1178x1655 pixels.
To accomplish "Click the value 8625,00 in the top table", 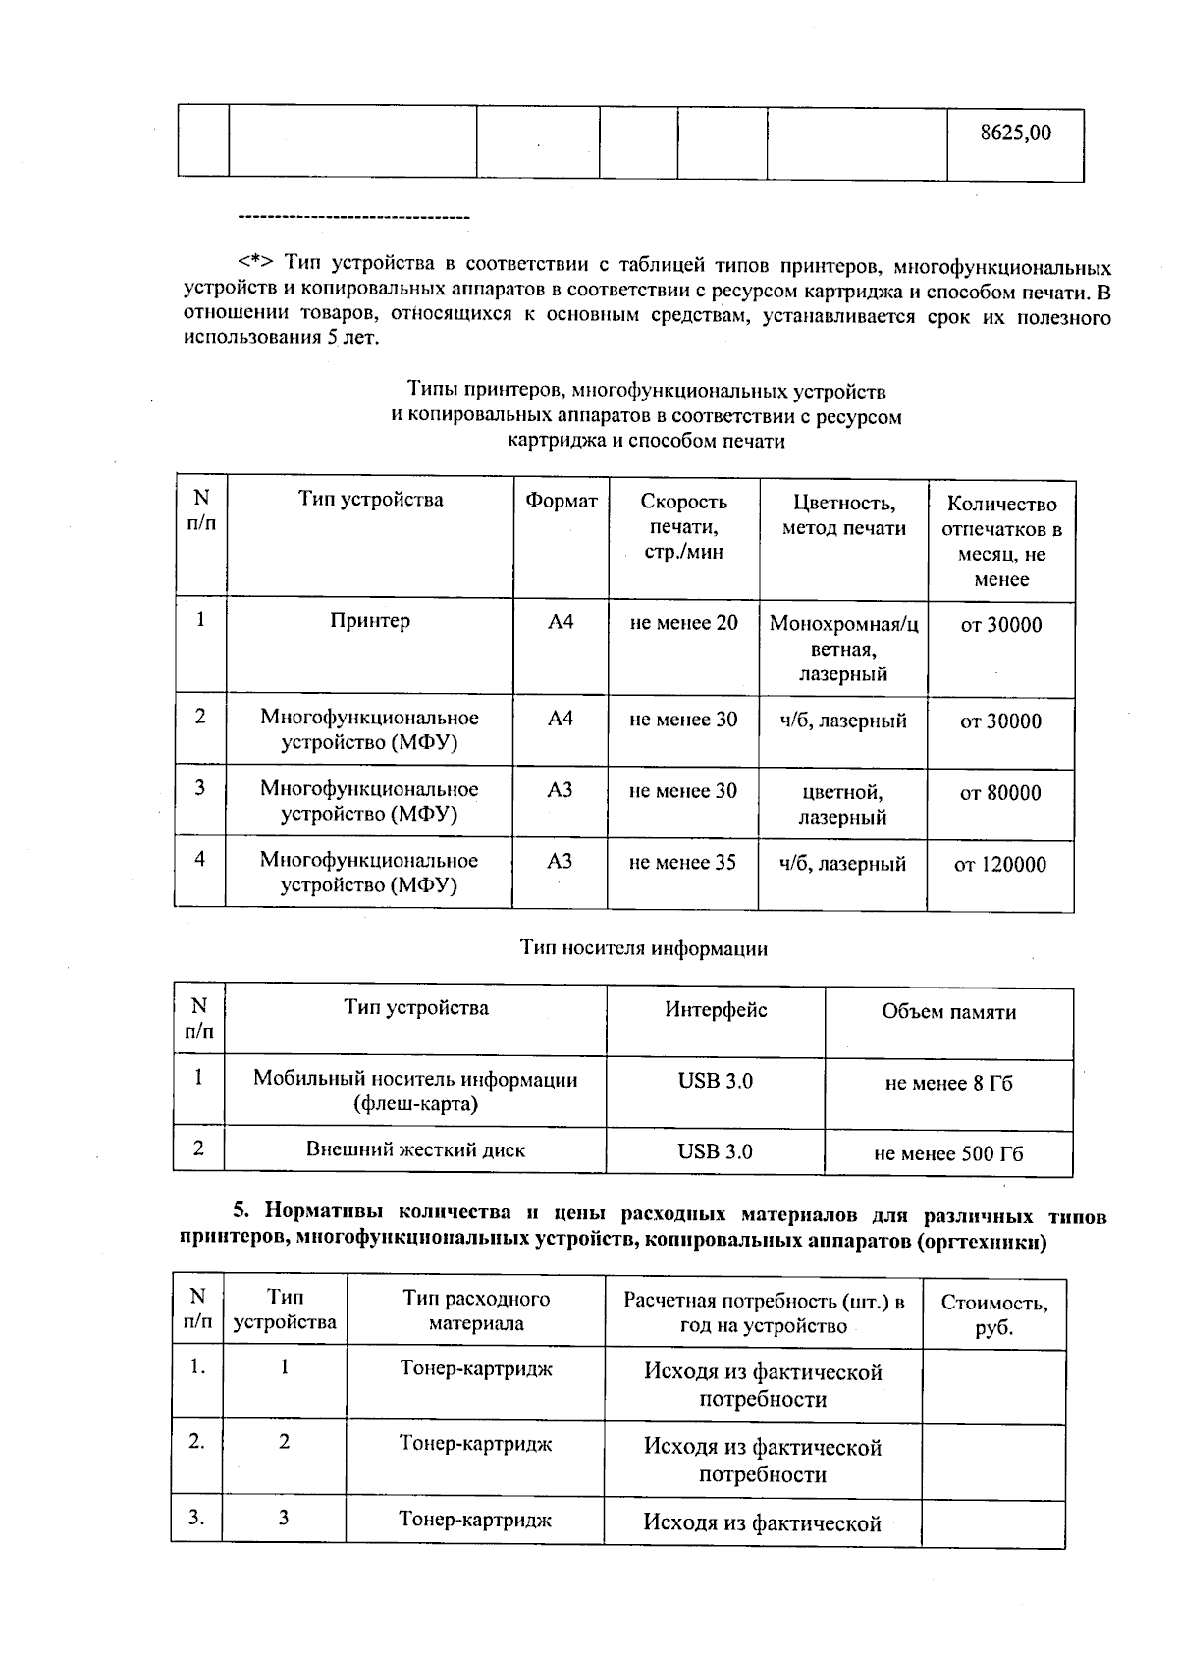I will (x=1015, y=133).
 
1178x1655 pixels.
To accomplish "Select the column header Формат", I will (x=561, y=501).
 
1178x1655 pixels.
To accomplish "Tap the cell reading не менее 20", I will (x=683, y=623).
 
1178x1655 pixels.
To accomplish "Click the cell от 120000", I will (x=1000, y=865).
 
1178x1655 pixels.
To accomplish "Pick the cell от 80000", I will (x=1000, y=793).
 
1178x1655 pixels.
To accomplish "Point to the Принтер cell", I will (x=370, y=621).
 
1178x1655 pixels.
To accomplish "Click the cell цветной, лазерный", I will (x=842, y=804).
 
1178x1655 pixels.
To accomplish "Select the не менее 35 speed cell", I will (x=682, y=863).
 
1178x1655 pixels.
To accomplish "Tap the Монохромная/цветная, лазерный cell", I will (x=843, y=649).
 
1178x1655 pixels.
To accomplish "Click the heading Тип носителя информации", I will (x=643, y=948).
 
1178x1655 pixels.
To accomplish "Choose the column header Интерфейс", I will (x=716, y=1010).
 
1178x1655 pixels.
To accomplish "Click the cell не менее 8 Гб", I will (x=948, y=1084).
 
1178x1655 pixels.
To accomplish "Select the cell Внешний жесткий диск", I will (x=415, y=1149).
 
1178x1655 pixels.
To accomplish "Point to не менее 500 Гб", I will (x=948, y=1154).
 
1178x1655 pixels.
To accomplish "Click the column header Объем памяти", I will (x=948, y=1012).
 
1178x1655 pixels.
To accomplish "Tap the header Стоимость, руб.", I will (x=993, y=1315).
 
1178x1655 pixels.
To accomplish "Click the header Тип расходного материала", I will (x=476, y=1310).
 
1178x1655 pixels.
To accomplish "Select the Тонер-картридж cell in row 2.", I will (x=475, y=1444).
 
